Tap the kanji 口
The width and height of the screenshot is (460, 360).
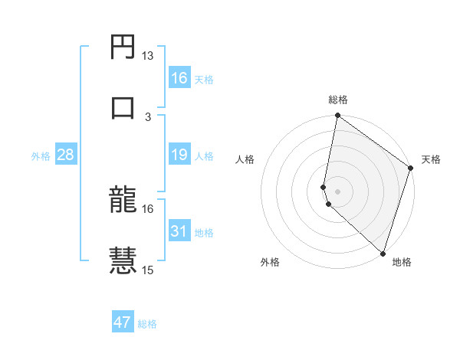tap(123, 108)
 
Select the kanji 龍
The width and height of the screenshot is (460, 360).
tap(123, 200)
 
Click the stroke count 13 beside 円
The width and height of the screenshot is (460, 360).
tap(148, 56)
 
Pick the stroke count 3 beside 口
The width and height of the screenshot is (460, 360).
tap(148, 116)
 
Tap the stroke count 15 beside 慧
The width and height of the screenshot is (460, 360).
tap(148, 270)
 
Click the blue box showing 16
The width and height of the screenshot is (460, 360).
tap(179, 78)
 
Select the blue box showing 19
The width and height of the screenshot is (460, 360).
tap(179, 155)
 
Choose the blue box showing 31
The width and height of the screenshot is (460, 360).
tap(179, 231)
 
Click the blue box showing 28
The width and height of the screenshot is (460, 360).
tap(66, 155)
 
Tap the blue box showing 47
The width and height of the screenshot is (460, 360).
tap(123, 322)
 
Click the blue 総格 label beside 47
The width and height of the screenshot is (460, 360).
tap(148, 324)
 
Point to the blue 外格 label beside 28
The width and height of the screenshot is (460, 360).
tap(41, 156)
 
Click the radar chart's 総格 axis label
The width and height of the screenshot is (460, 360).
tap(338, 100)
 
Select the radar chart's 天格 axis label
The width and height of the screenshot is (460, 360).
tap(431, 159)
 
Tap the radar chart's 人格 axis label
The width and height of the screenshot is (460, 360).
tap(245, 159)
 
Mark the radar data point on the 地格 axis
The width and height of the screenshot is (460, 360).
tap(383, 253)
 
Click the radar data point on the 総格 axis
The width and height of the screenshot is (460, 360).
tap(337, 116)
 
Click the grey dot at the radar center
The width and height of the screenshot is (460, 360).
tap(337, 190)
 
